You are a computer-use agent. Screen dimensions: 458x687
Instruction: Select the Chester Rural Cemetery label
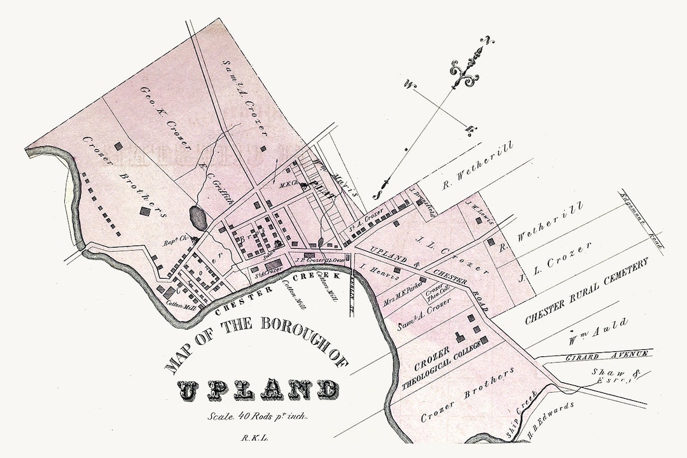586,292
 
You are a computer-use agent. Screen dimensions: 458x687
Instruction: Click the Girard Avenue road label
607,356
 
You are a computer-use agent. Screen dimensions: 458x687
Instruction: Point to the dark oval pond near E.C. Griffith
198,219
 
